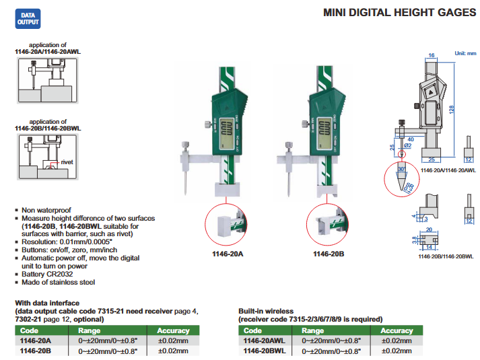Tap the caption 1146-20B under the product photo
329,254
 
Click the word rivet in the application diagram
67,162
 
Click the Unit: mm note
465,53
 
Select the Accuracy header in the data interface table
173,331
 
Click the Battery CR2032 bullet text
49,274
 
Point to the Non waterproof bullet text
46,210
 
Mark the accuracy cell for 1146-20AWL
397,341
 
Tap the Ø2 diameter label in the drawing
407,145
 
